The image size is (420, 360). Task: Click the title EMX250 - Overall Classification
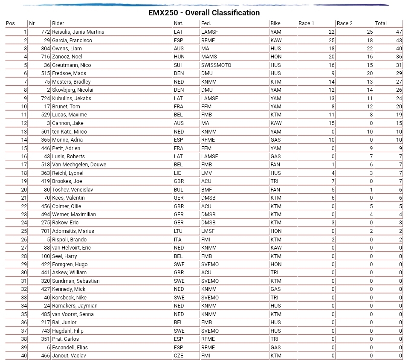pyautogui.click(x=204, y=13)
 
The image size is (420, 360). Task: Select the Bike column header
pyautogui.click(x=275, y=23)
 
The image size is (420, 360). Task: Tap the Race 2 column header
pyautogui.click(x=345, y=23)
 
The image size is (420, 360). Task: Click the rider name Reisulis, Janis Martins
pyautogui.click(x=78, y=32)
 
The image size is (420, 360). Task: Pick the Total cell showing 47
pyautogui.click(x=399, y=32)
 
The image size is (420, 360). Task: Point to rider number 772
pyautogui.click(x=46, y=32)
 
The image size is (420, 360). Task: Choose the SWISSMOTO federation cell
pyautogui.click(x=216, y=65)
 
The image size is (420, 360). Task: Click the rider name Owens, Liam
pyautogui.click(x=67, y=49)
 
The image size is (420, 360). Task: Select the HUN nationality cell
pyautogui.click(x=179, y=57)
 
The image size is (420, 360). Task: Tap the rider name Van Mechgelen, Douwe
pyautogui.click(x=79, y=165)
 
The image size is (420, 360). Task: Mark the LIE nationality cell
pyautogui.click(x=178, y=173)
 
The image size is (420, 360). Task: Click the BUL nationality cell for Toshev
pyautogui.click(x=179, y=190)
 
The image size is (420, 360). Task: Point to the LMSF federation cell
pyautogui.click(x=209, y=231)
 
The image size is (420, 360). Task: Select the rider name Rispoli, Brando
pyautogui.click(x=70, y=240)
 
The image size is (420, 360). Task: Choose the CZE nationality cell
pyautogui.click(x=179, y=356)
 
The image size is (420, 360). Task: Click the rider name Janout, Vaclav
pyautogui.click(x=69, y=356)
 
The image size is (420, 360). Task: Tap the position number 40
pyautogui.click(x=24, y=356)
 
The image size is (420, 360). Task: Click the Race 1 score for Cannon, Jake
pyautogui.click(x=332, y=123)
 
